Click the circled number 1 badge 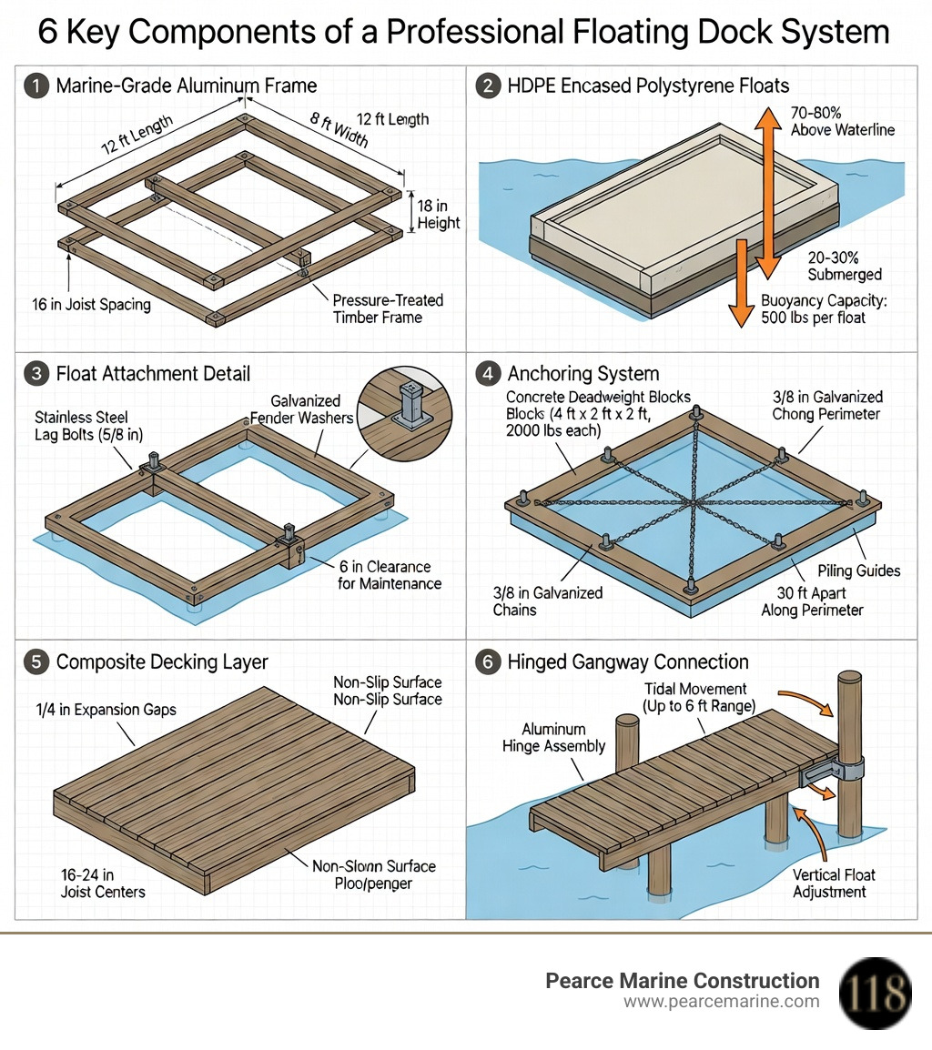36,86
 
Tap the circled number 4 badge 488,374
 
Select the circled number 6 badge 488,662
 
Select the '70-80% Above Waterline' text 842,121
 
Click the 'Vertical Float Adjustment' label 834,883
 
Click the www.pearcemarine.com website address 721,1002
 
